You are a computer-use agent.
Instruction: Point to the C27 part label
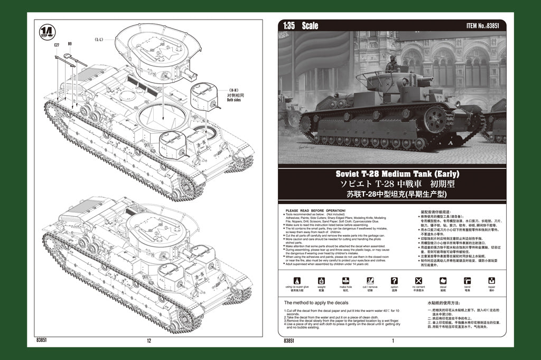[57, 45]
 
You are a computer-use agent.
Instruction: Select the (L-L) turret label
[98, 39]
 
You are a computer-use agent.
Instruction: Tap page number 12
[149, 341]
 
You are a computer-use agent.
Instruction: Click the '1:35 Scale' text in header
[301, 26]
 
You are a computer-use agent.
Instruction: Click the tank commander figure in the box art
[391, 64]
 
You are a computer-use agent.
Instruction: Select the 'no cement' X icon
[419, 281]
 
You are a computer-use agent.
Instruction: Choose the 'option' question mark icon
[394, 281]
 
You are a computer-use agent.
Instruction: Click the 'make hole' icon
[346, 281]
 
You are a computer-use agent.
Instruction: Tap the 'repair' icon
[491, 281]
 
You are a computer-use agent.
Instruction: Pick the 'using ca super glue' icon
[297, 281]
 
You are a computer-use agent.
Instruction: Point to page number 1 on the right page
[393, 341]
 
